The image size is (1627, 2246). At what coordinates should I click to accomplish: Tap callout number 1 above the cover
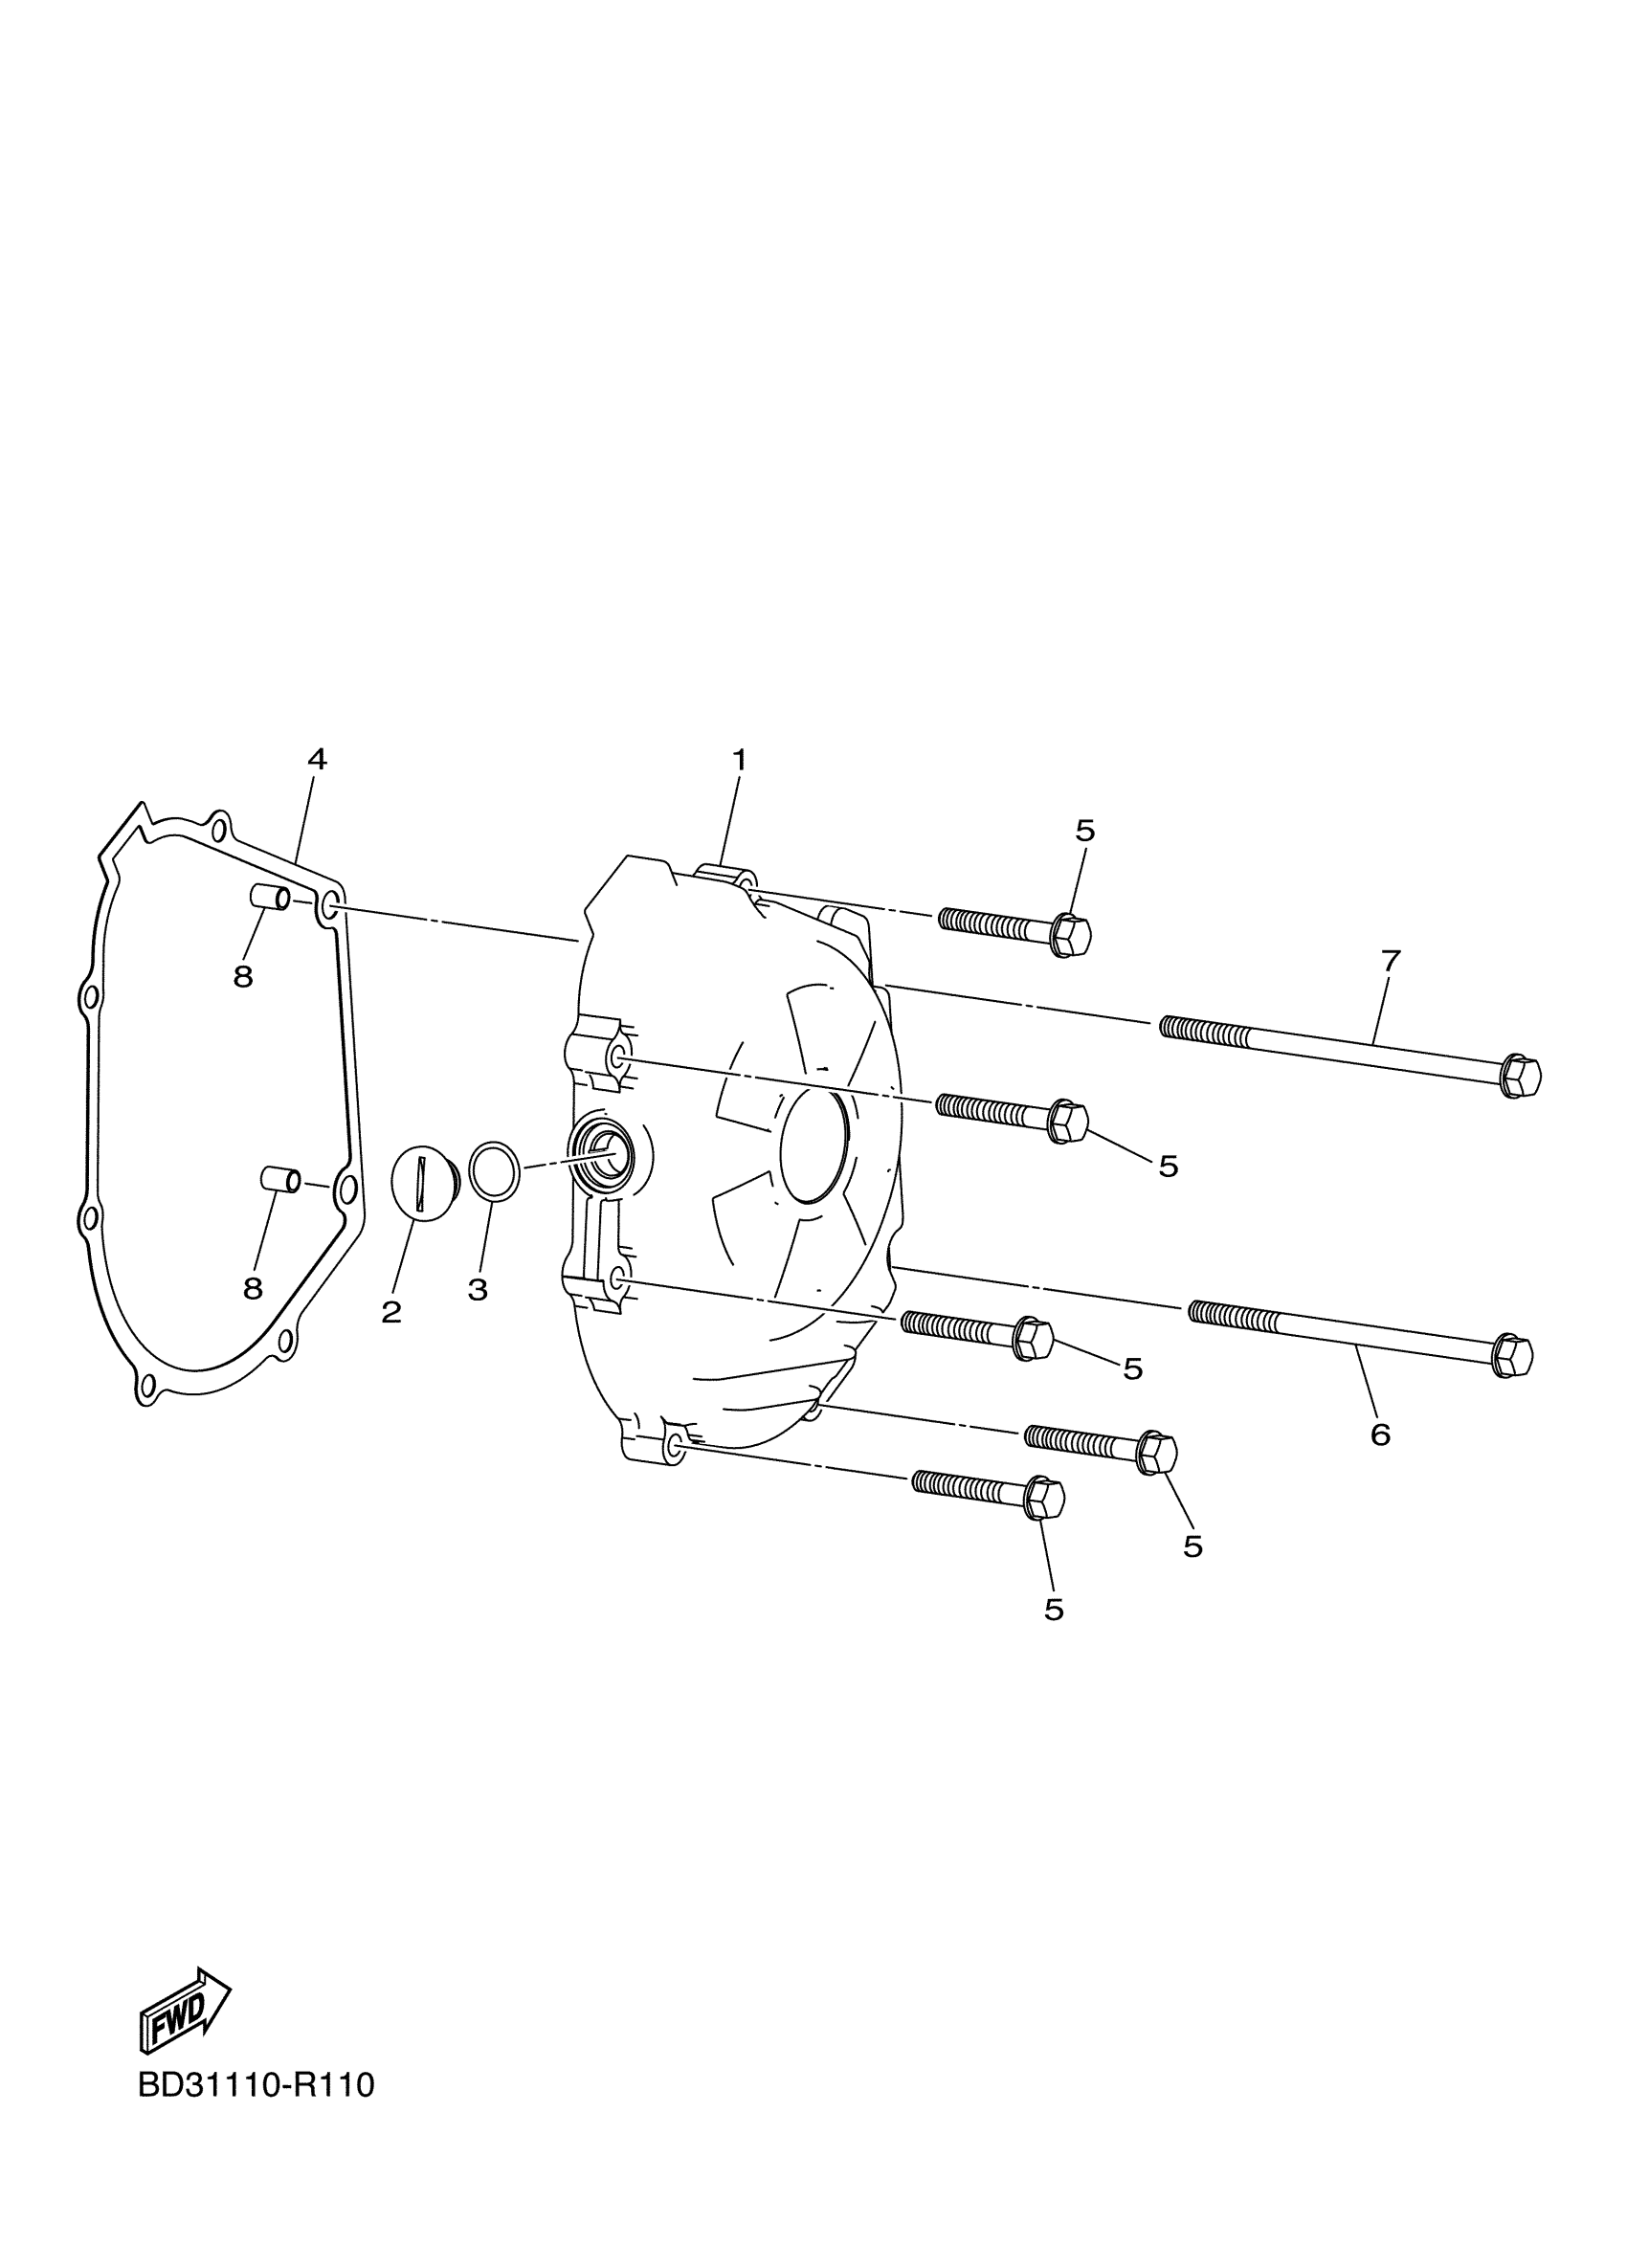pos(739,760)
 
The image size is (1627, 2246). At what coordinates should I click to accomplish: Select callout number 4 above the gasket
pos(316,759)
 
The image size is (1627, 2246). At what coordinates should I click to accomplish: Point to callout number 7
pos(1392,960)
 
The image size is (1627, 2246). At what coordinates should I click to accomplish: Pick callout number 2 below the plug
pos(391,1312)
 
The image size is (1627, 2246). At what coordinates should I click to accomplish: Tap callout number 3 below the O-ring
pos(478,1289)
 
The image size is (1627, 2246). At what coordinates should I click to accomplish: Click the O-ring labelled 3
pos(494,1171)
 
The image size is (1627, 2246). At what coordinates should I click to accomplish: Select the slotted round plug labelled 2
pos(426,1183)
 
